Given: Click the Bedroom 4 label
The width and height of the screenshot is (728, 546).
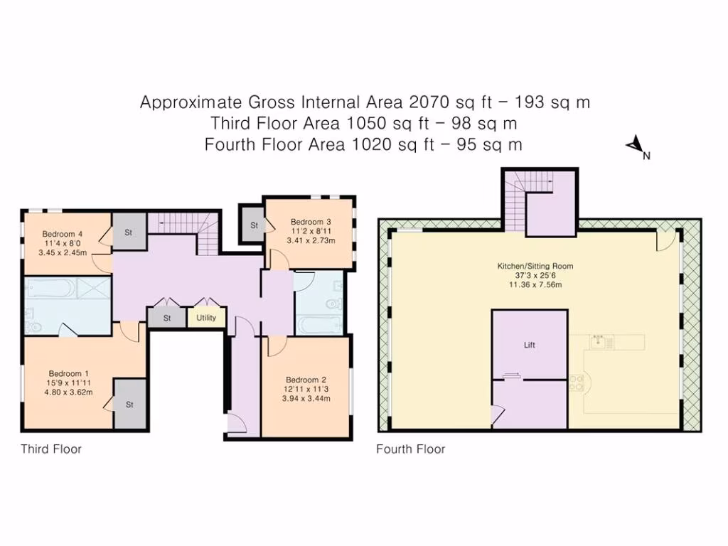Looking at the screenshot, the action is click(x=63, y=234).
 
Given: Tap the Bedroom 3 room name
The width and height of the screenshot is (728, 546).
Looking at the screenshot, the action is click(x=311, y=222).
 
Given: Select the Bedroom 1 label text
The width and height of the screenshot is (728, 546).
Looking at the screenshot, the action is click(x=69, y=374).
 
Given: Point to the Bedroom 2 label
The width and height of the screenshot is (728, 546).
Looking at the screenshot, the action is click(x=306, y=380).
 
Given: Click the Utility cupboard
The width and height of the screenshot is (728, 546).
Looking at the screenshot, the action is click(x=206, y=318).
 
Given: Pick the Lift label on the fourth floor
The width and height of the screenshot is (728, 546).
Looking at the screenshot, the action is click(x=529, y=345).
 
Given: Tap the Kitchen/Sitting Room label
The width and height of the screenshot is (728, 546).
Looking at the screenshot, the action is click(x=535, y=266).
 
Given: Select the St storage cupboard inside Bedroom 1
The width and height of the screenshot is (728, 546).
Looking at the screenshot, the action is click(x=130, y=404).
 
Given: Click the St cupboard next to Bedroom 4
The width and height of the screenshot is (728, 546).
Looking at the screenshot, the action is click(x=129, y=232).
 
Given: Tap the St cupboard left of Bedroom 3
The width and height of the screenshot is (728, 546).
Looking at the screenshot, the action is click(x=253, y=225).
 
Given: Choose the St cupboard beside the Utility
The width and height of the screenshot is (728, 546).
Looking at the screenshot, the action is click(x=167, y=318).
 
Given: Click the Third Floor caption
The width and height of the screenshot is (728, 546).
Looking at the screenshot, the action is click(x=51, y=449).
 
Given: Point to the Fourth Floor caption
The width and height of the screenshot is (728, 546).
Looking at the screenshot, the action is click(x=410, y=449).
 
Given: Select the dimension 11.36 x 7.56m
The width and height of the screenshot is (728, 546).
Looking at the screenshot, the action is click(x=535, y=284).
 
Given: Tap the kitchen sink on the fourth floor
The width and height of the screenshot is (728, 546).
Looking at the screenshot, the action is click(x=599, y=342).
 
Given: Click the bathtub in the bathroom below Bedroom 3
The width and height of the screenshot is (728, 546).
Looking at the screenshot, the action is click(x=319, y=324).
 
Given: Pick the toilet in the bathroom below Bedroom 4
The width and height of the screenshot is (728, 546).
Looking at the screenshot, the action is click(x=33, y=326).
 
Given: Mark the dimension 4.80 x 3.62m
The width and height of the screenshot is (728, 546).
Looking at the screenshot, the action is click(x=68, y=392).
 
